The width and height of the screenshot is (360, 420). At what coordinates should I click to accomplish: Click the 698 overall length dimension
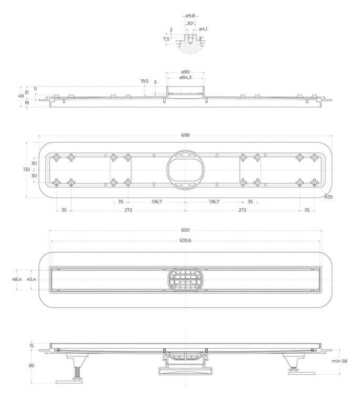click(x=185, y=135)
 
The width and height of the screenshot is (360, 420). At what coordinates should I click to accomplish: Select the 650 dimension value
click(x=185, y=230)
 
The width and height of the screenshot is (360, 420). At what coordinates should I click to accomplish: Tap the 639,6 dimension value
click(x=185, y=240)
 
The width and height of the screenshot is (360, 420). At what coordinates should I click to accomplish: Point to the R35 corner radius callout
click(x=328, y=197)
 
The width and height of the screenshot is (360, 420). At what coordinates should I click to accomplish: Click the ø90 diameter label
click(x=185, y=72)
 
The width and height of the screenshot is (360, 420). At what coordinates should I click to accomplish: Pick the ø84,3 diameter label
click(x=185, y=78)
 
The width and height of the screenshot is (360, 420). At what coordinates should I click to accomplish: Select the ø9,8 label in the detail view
click(x=190, y=16)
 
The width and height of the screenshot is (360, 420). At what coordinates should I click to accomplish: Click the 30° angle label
click(x=190, y=23)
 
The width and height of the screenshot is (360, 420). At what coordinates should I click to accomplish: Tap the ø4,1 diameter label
click(x=203, y=29)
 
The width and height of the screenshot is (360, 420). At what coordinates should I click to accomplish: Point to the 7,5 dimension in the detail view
click(x=166, y=39)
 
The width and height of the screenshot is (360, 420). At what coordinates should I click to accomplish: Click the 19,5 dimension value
click(x=145, y=81)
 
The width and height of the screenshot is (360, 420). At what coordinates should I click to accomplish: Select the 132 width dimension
click(x=26, y=169)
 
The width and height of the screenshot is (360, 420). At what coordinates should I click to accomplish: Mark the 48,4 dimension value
click(x=17, y=279)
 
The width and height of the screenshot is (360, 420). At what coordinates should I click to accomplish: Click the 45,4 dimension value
click(x=32, y=279)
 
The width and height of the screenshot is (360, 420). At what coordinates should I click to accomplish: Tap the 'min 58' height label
click(x=340, y=361)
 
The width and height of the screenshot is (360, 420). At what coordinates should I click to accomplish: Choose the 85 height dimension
click(x=32, y=365)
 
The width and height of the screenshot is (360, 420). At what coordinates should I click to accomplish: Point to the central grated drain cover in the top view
click(x=185, y=280)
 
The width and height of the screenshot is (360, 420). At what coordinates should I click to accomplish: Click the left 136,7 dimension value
click(x=157, y=202)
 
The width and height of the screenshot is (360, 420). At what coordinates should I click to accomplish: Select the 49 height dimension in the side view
click(x=20, y=96)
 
